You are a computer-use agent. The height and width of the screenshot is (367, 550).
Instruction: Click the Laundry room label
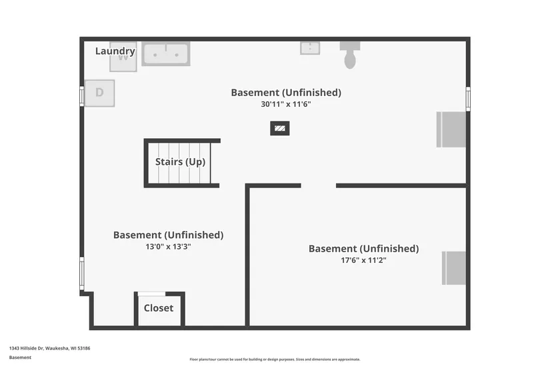tap(115, 51)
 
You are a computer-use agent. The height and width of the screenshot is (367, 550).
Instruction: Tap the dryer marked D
tap(99, 93)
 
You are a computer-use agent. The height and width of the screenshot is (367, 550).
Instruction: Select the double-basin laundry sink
tap(166, 53)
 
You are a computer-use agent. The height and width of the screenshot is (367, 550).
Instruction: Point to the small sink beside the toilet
tap(309, 48)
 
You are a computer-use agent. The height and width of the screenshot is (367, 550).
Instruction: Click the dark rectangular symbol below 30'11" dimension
tap(280, 128)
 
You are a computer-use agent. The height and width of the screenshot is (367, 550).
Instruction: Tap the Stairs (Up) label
tap(180, 162)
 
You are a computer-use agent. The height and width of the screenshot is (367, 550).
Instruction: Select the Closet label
tap(159, 308)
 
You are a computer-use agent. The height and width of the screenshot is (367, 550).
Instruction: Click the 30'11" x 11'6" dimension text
tap(286, 104)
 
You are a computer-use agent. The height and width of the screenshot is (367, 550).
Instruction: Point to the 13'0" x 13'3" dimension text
tap(169, 246)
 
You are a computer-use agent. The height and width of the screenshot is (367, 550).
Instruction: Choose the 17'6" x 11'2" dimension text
tap(363, 260)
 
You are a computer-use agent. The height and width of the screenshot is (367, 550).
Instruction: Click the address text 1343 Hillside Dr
tap(49, 348)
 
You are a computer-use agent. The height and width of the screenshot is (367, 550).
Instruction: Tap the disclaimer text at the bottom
tap(275, 359)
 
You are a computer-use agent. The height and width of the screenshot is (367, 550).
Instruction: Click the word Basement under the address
tap(20, 357)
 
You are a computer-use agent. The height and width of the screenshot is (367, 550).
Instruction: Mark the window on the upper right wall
tap(468, 99)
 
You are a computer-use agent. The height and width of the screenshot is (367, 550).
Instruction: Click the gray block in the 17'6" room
tap(454, 268)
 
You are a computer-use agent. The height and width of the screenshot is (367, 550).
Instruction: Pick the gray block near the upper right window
tap(451, 129)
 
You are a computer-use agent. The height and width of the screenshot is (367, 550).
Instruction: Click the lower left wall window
tap(82, 274)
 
